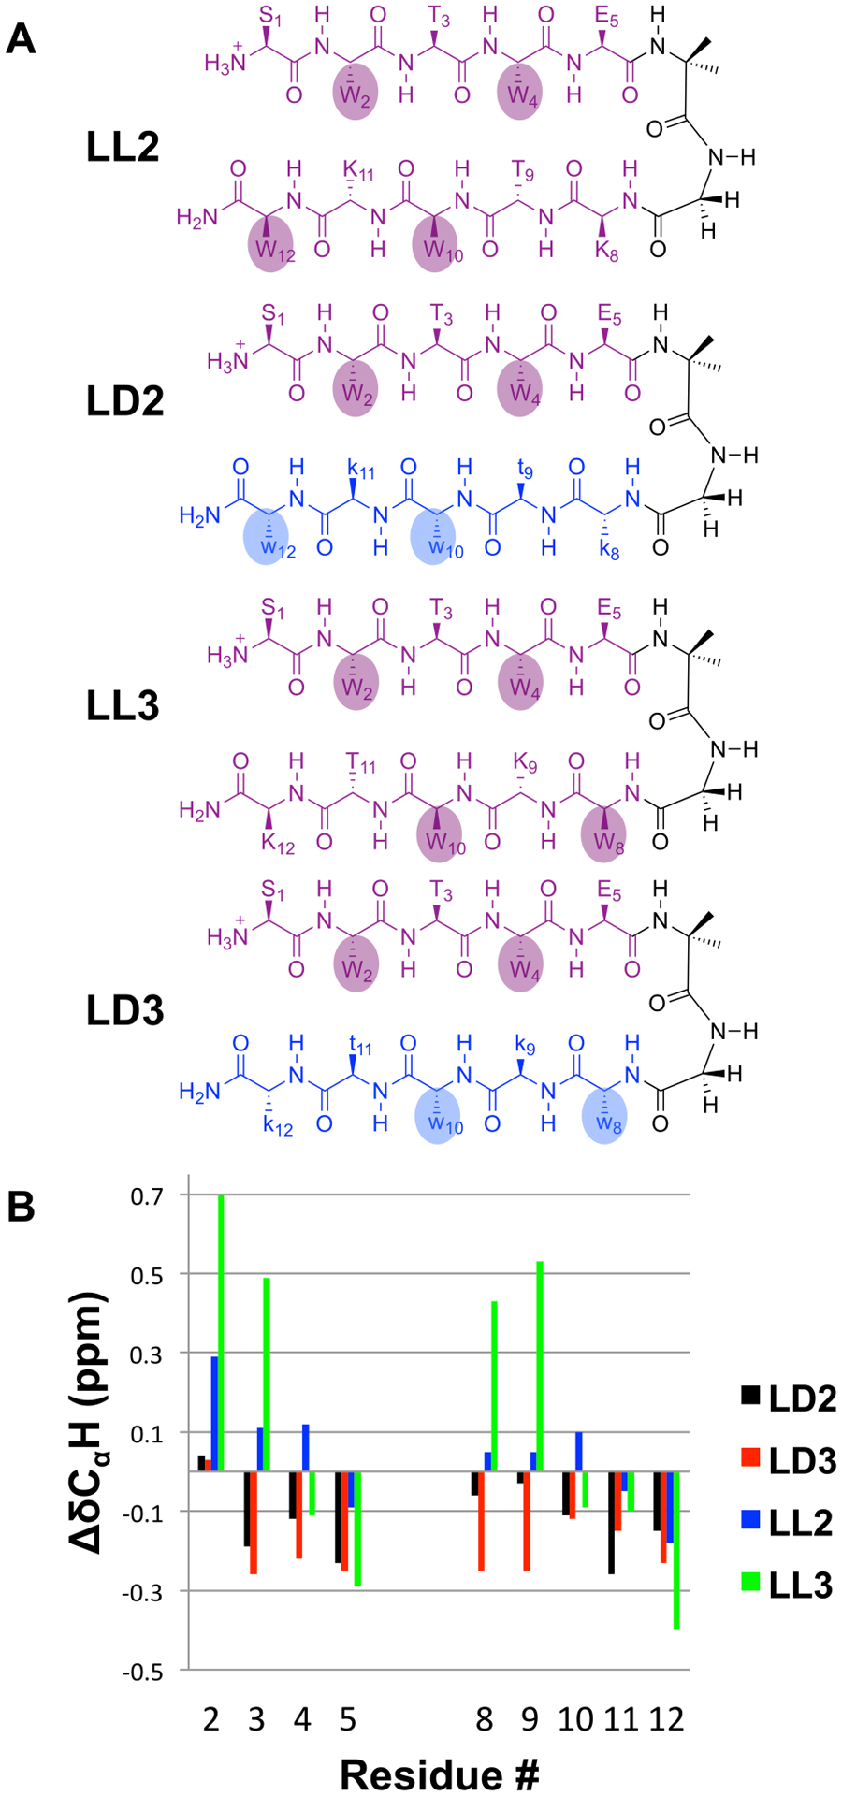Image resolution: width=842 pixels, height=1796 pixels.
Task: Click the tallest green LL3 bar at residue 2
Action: [x=222, y=1332]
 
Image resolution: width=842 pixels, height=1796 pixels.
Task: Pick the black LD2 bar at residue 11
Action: [x=612, y=1522]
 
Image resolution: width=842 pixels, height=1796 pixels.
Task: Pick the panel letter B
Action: [x=21, y=1206]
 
